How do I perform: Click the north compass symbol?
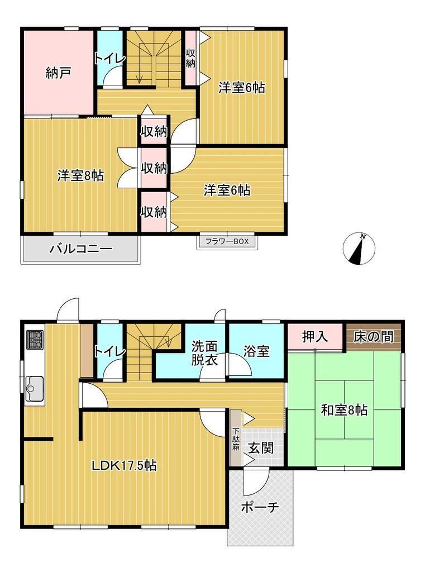point(359,249)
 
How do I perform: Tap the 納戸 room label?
point(58,73)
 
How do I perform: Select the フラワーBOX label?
point(227,241)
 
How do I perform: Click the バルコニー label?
point(81,249)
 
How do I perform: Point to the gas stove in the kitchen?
point(35,340)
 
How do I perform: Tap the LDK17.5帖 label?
point(124,465)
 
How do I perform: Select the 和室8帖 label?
point(344,410)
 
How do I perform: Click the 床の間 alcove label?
point(374,337)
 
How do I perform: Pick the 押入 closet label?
point(315,337)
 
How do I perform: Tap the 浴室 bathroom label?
point(256,351)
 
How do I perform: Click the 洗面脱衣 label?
point(204,353)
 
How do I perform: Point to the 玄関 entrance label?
point(261,447)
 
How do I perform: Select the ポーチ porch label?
point(260,507)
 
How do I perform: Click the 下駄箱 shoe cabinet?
point(236,437)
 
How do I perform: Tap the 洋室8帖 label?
point(80,175)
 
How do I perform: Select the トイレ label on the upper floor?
point(109,59)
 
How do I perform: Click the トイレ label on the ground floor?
point(109,351)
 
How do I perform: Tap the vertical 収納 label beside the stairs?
point(191,58)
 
